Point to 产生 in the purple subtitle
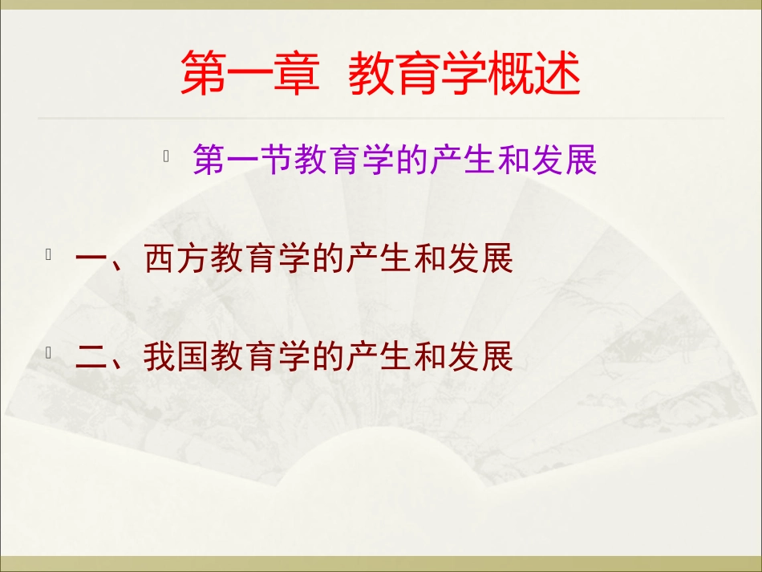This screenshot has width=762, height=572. [x=463, y=161]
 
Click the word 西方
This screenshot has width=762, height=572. [x=177, y=261]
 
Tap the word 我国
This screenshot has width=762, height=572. [x=177, y=358]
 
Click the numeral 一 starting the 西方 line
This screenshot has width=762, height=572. [x=91, y=261]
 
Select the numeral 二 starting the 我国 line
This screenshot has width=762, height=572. [x=91, y=358]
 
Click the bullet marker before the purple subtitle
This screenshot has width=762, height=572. [x=165, y=157]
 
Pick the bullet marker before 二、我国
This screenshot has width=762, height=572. [x=49, y=352]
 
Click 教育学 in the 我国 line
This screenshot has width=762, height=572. [x=260, y=358]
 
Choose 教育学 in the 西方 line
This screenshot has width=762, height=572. [x=260, y=261]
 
